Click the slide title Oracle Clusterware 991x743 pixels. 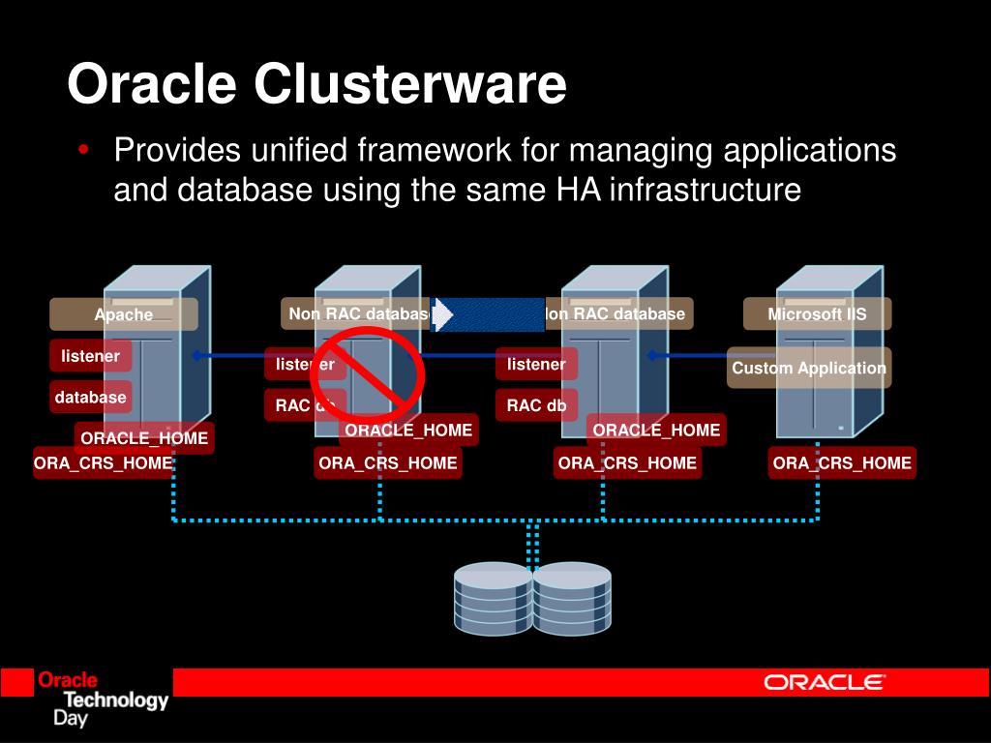316,84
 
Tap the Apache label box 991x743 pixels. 124,314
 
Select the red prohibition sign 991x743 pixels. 373,373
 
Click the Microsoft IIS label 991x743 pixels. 817,314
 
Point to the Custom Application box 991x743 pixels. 808,368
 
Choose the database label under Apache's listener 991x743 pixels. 90,397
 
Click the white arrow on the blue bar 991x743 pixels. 443,314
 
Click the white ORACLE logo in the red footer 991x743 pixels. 824,682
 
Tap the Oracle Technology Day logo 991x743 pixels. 102,698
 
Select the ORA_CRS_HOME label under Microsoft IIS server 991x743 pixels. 841,463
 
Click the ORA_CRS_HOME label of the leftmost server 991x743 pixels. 103,463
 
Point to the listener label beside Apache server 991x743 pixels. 90,356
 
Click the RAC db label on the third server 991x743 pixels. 536,405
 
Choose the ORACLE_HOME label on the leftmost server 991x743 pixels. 144,438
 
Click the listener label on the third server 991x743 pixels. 536,364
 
